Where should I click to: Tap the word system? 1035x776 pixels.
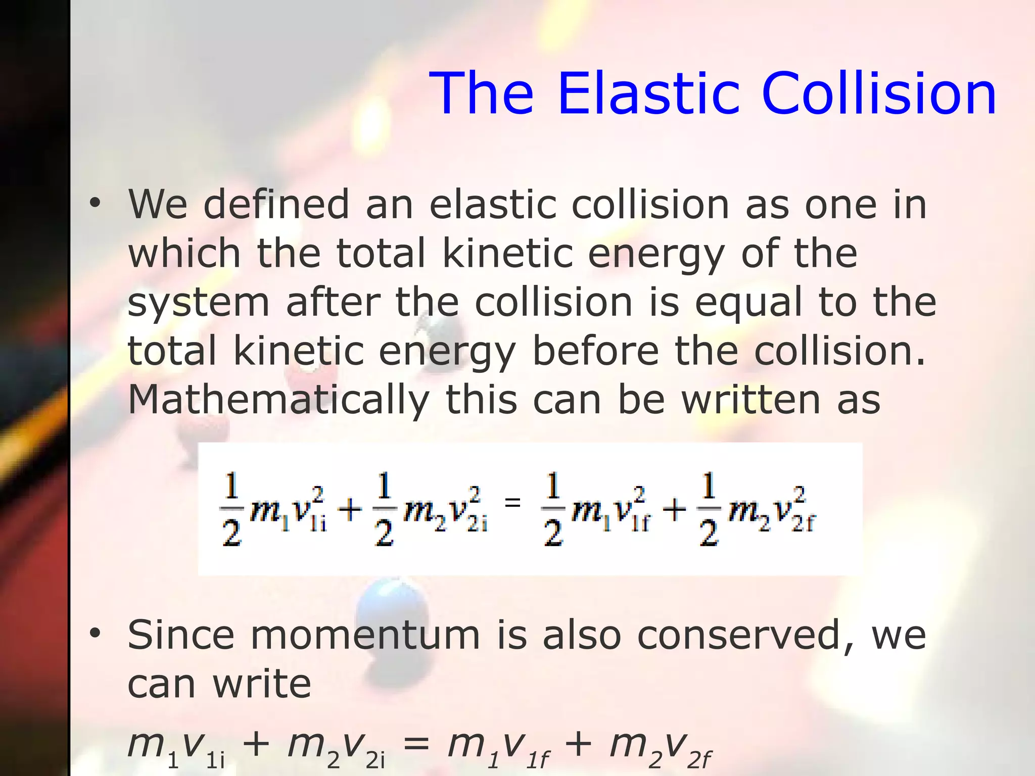pos(198,303)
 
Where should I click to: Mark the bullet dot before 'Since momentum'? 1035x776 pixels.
pos(95,634)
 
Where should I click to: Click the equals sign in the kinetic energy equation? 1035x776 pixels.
pos(512,502)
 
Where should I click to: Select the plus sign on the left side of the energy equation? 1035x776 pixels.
pos(350,510)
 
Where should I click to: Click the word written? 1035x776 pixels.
pos(751,400)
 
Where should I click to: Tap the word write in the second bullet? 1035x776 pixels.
pos(262,685)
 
